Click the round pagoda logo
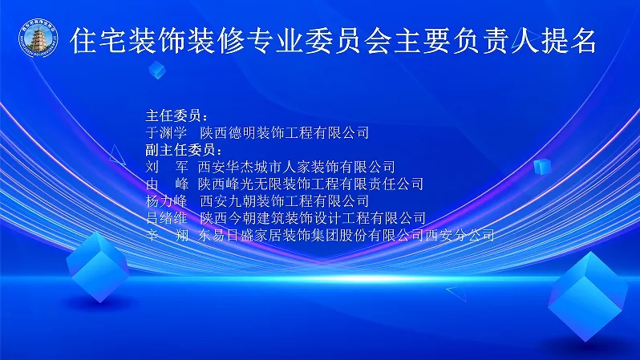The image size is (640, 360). tap(38, 38)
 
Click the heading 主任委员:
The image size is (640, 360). tap(176, 116)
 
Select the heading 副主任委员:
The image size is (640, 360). tap(184, 150)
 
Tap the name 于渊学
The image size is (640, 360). tap(167, 132)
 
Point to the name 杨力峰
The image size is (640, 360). tap(167, 200)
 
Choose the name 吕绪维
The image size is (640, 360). tap(167, 218)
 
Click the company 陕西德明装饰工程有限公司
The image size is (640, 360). tap(285, 132)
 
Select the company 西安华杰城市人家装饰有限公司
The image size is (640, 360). tap(297, 167)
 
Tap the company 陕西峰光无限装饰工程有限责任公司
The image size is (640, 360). tap(310, 184)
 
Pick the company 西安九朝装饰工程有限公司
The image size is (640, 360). tap(285, 200)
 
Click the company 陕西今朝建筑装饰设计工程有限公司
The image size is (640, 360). tap(313, 218)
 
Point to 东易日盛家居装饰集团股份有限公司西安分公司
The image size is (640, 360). tap(346, 235)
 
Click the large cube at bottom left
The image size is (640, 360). tap(98, 267)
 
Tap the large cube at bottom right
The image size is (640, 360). tap(588, 297)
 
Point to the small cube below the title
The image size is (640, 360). tap(157, 70)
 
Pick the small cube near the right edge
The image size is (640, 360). tap(542, 167)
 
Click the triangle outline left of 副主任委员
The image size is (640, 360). tap(117, 156)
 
